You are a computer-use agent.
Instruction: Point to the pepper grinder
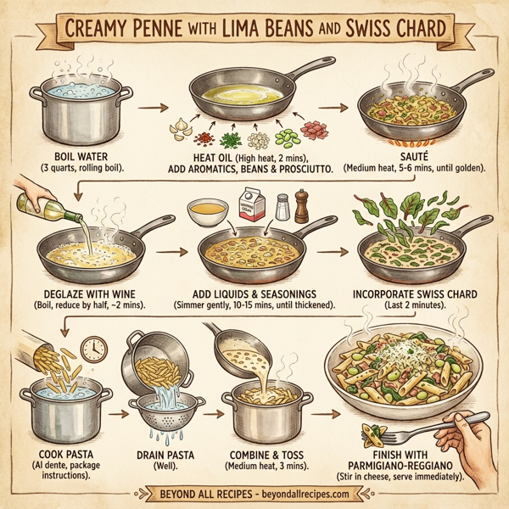coord(301,205)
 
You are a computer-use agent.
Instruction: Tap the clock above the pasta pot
coord(94,350)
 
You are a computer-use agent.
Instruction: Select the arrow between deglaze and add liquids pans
coord(174,251)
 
